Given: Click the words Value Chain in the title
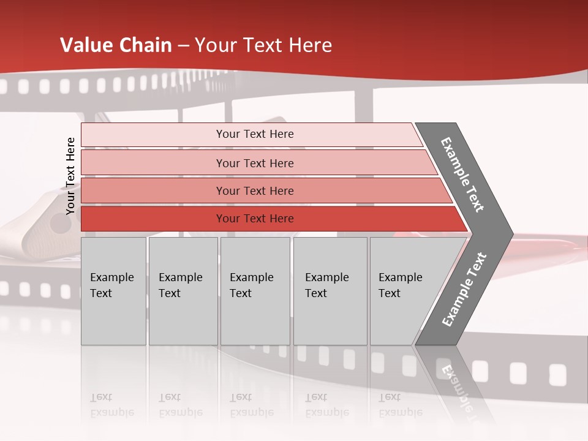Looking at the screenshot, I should tap(116, 45).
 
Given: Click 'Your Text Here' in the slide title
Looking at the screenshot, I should tap(263, 45).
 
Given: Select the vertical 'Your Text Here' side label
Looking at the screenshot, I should tap(70, 176).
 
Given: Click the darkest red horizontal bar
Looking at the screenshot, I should tap(153, 219).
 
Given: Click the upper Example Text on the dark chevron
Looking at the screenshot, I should tap(462, 175).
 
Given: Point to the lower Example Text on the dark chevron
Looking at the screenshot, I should tap(464, 289).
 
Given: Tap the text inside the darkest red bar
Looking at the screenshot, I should tap(255, 219).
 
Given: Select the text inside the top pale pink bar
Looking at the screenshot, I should tap(255, 134).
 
